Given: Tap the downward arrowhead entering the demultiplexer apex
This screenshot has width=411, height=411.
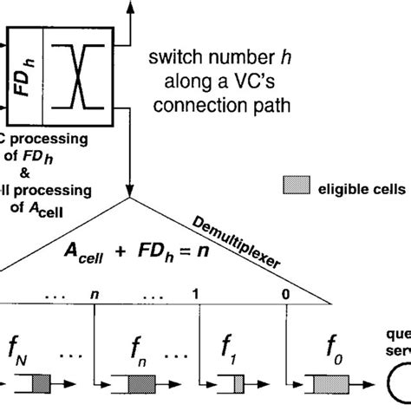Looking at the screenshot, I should point(131,191).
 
